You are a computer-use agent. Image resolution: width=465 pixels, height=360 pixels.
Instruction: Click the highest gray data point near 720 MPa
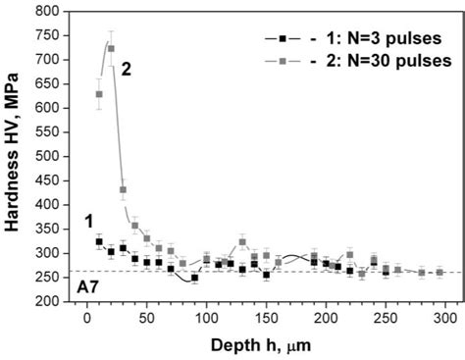111,48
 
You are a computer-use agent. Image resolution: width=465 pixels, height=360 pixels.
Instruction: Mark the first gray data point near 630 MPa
99,94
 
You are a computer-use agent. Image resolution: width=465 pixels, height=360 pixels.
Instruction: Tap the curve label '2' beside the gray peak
127,68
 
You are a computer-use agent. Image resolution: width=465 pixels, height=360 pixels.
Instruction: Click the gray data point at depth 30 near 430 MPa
123,189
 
